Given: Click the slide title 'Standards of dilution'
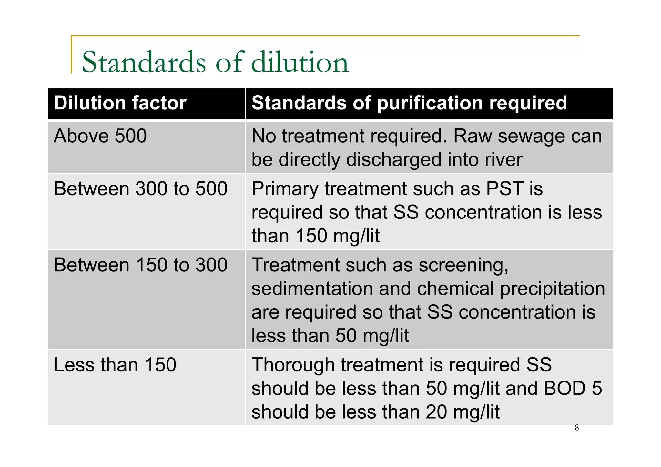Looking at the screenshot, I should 215,62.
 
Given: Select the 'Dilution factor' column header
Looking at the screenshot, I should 120,103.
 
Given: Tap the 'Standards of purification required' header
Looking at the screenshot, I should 409,103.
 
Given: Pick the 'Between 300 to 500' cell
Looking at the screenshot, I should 140,188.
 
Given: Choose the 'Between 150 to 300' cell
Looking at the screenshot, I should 140,265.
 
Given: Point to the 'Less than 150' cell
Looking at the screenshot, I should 115,365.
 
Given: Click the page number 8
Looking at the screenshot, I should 577,428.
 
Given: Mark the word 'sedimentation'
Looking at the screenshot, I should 312,289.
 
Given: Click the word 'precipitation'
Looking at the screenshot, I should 552,289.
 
